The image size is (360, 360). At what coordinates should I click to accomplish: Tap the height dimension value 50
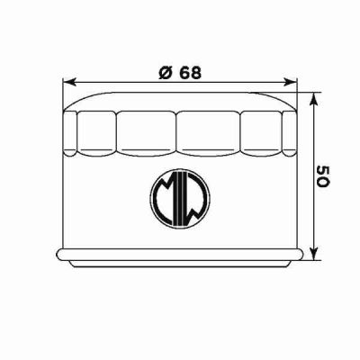(323, 175)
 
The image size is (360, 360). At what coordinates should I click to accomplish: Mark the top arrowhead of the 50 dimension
(311, 96)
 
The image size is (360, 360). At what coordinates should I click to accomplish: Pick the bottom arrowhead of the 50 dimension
(311, 254)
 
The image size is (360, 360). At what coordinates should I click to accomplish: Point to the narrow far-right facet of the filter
(290, 130)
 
